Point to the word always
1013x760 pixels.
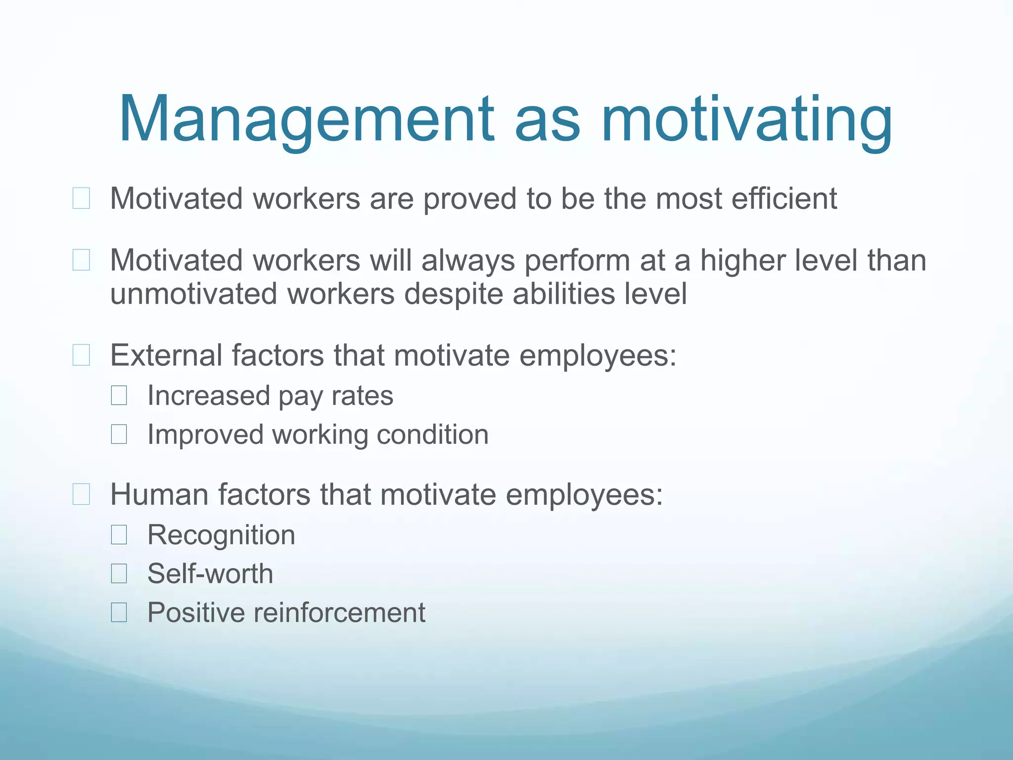[x=468, y=261]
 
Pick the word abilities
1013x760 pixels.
[x=564, y=294]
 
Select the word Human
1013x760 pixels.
[x=159, y=494]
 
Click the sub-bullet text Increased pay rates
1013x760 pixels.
[x=270, y=396]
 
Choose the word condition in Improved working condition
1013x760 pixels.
[x=432, y=434]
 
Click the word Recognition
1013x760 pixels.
[x=221, y=535]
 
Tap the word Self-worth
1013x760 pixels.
[x=210, y=573]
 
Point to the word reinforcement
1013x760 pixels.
[x=339, y=613]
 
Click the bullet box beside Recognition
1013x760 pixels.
[x=119, y=535]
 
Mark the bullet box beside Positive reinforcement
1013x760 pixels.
[x=119, y=613]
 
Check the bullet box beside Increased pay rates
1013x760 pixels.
[x=119, y=396]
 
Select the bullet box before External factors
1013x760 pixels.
[x=81, y=355]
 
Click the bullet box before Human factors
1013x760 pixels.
[x=81, y=494]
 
